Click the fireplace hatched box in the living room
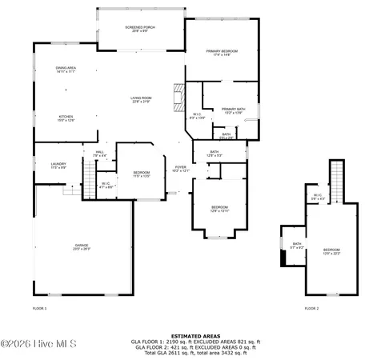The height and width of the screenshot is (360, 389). [x=178, y=98]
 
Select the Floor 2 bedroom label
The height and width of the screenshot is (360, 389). [x=331, y=251]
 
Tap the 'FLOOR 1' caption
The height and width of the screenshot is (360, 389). [x=39, y=308]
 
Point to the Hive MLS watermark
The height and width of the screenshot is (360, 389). [x=38, y=345]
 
